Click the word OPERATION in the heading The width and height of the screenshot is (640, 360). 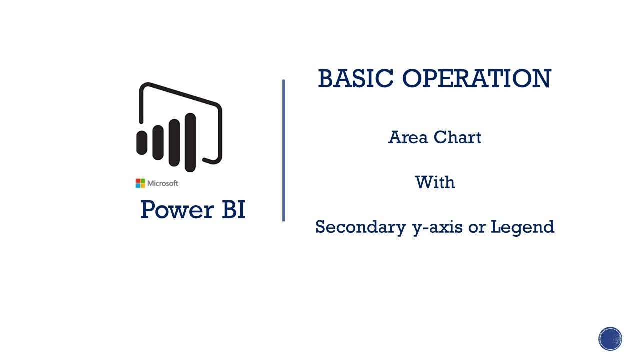476,79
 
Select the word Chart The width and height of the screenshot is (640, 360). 457,137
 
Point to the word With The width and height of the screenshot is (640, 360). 435,182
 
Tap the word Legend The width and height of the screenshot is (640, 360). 523,228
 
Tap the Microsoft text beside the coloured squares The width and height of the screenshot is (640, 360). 163,183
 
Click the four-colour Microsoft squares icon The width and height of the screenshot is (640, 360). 140,183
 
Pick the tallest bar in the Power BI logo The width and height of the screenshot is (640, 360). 190,142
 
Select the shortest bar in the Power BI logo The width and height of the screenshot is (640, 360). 142,142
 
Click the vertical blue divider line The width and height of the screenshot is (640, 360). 283,150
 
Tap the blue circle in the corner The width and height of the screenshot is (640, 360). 610,339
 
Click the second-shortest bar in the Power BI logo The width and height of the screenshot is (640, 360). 158,142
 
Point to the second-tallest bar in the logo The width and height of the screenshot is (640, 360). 174,142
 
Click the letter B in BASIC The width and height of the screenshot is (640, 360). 325,79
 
